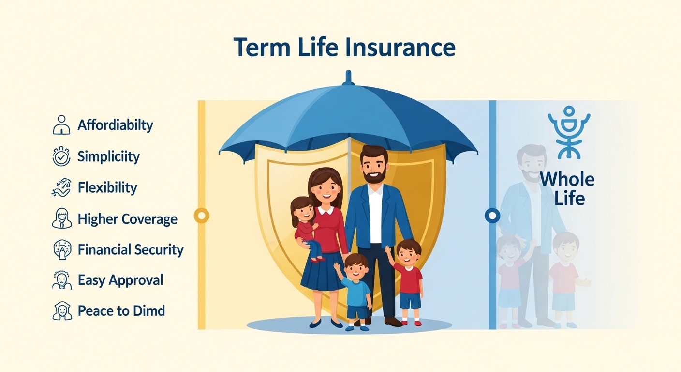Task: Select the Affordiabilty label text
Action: point(115,125)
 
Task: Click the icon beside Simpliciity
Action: point(61,156)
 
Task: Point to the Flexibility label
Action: point(107,187)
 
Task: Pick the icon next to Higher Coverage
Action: point(62,218)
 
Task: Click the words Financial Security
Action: point(131,249)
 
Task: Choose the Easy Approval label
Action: point(120,280)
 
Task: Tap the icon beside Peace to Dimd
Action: point(62,311)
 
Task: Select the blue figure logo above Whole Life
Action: point(569,132)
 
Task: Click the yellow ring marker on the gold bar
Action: point(202,216)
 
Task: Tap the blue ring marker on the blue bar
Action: point(492,216)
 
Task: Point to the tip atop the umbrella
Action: point(348,72)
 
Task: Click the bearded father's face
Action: point(374,167)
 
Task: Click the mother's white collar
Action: point(326,210)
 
